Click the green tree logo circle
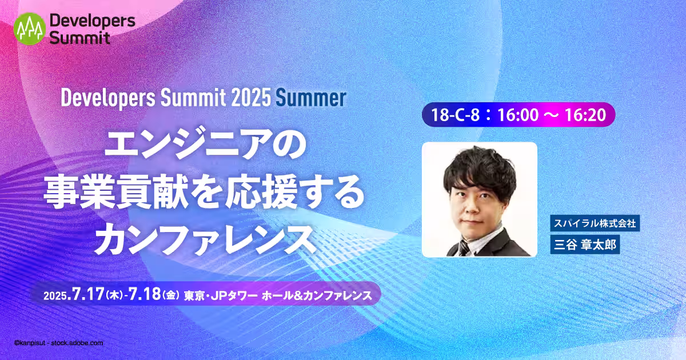pyautogui.click(x=30, y=29)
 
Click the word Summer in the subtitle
pyautogui.click(x=311, y=98)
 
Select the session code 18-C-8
pyautogui.click(x=455, y=115)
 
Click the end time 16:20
pyautogui.click(x=585, y=115)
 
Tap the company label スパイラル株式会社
pyautogui.click(x=595, y=223)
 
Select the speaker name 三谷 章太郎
pyautogui.click(x=585, y=245)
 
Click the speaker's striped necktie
pyautogui.click(x=464, y=248)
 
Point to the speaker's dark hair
pyautogui.click(x=479, y=171)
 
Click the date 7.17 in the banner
pyautogui.click(x=88, y=294)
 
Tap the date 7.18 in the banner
pyautogui.click(x=145, y=294)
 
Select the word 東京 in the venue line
pyautogui.click(x=194, y=295)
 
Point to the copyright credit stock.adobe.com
pyautogui.click(x=77, y=343)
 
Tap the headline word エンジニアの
pyautogui.click(x=206, y=144)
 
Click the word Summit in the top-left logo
pyautogui.click(x=79, y=38)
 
